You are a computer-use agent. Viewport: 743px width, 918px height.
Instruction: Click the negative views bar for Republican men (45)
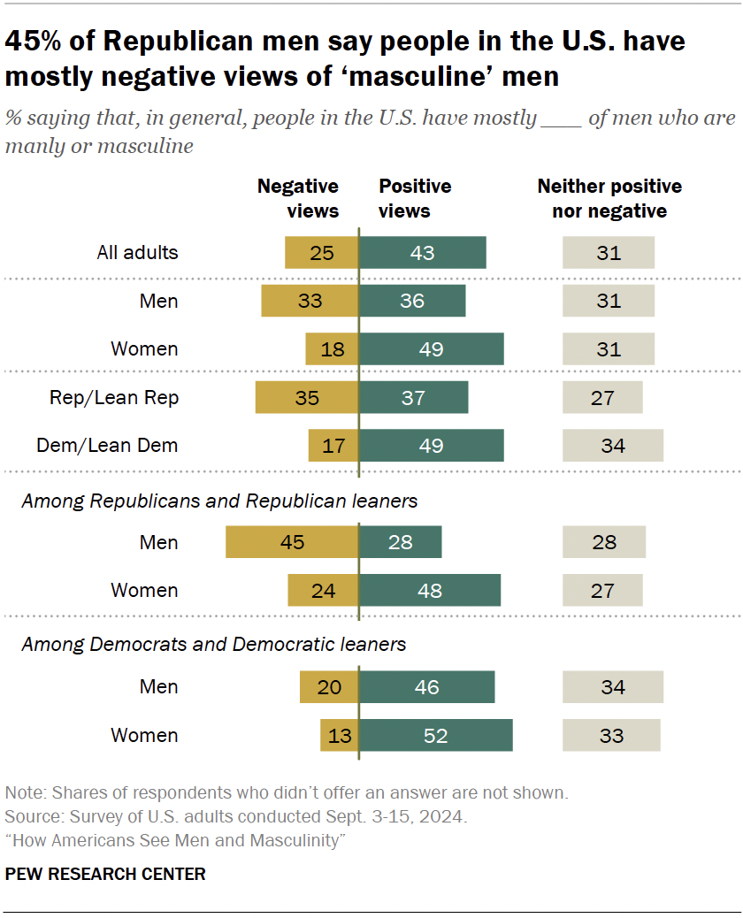(292, 542)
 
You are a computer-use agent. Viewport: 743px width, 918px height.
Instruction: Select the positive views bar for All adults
(422, 252)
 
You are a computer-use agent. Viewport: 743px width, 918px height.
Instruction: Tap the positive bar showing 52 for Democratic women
(435, 735)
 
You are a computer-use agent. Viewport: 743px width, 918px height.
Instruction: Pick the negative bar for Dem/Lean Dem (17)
(333, 445)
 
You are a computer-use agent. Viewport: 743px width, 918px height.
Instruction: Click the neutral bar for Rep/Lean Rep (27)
(602, 397)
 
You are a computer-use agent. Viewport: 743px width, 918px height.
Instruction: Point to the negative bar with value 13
(339, 735)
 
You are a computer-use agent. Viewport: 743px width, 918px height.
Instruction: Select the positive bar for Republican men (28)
(400, 542)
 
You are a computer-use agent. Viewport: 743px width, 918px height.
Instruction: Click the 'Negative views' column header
(298, 199)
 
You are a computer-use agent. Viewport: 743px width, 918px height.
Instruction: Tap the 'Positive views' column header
(415, 199)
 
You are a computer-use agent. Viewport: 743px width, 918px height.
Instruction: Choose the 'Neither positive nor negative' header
(609, 199)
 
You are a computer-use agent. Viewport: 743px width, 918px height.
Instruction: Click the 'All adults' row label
(137, 252)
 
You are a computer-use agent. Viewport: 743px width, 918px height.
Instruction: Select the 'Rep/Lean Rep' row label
(114, 397)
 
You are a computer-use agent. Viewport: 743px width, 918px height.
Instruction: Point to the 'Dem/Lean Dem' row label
(107, 445)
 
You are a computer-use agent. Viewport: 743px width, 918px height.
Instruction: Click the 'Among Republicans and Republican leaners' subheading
(219, 501)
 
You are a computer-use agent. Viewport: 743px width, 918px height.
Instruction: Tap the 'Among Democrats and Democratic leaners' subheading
(214, 644)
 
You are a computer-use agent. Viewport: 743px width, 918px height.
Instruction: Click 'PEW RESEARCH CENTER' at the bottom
(105, 874)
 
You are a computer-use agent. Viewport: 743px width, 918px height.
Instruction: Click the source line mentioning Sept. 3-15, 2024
(236, 815)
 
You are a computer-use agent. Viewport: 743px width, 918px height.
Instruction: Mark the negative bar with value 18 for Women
(332, 348)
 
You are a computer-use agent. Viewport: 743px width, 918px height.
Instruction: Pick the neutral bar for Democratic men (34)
(612, 687)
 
